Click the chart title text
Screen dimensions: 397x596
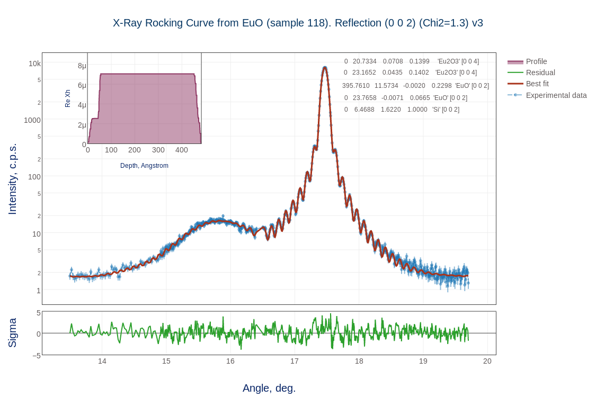click(x=298, y=23)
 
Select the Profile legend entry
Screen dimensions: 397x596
click(x=536, y=61)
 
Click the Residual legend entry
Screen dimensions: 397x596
click(x=540, y=73)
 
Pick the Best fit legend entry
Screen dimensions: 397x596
click(x=537, y=84)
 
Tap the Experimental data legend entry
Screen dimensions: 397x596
click(x=556, y=95)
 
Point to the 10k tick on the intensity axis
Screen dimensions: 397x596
click(x=34, y=64)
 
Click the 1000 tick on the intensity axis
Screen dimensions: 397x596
click(x=32, y=120)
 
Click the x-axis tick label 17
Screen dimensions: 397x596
click(x=295, y=361)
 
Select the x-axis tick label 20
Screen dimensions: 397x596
click(x=487, y=361)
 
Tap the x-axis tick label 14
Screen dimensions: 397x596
click(x=102, y=361)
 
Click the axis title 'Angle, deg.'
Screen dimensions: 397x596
click(x=269, y=388)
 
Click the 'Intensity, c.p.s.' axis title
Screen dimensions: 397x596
click(x=12, y=179)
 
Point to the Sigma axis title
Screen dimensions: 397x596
click(x=12, y=333)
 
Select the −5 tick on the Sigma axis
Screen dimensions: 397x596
click(x=37, y=356)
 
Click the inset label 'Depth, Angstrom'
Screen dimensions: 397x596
click(x=144, y=166)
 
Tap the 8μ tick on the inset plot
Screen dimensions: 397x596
click(x=82, y=66)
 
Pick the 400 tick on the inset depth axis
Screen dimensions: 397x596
click(x=182, y=150)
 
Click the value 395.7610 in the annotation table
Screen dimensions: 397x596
click(x=356, y=86)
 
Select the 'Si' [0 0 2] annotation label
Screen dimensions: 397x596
click(x=446, y=110)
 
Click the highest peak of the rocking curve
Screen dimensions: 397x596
click(x=325, y=67)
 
